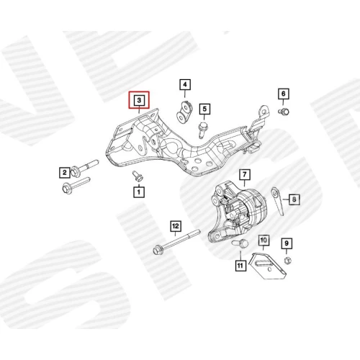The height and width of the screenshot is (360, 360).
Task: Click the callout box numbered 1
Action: tap(139, 192)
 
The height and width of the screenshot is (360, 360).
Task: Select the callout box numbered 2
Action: tap(65, 172)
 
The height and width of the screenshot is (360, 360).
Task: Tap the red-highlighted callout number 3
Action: tap(139, 100)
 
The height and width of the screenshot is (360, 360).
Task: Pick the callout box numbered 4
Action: tap(185, 85)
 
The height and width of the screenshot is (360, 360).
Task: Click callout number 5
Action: tap(204, 109)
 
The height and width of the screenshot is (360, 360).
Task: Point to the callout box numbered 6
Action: tap(284, 94)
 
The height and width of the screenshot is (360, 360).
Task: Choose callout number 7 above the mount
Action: tap(245, 174)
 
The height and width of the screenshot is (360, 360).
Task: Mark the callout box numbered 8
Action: tap(294, 199)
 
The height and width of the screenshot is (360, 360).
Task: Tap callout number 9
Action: tap(287, 243)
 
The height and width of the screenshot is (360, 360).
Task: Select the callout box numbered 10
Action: tap(264, 240)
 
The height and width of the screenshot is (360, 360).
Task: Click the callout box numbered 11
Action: tap(240, 266)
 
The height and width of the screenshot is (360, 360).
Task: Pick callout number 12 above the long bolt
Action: tap(176, 226)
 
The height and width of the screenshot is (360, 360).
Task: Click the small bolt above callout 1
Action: tap(138, 176)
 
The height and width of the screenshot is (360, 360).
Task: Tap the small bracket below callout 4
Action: tap(184, 112)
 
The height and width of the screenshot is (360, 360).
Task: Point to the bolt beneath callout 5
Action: tap(203, 130)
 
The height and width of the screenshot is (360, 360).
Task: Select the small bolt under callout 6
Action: tap(284, 112)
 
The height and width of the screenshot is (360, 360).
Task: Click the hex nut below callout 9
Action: tap(287, 260)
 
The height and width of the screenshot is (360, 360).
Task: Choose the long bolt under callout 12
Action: tap(176, 242)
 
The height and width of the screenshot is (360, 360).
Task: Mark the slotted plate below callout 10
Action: tap(269, 266)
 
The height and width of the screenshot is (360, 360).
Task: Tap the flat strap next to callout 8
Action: tap(278, 201)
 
